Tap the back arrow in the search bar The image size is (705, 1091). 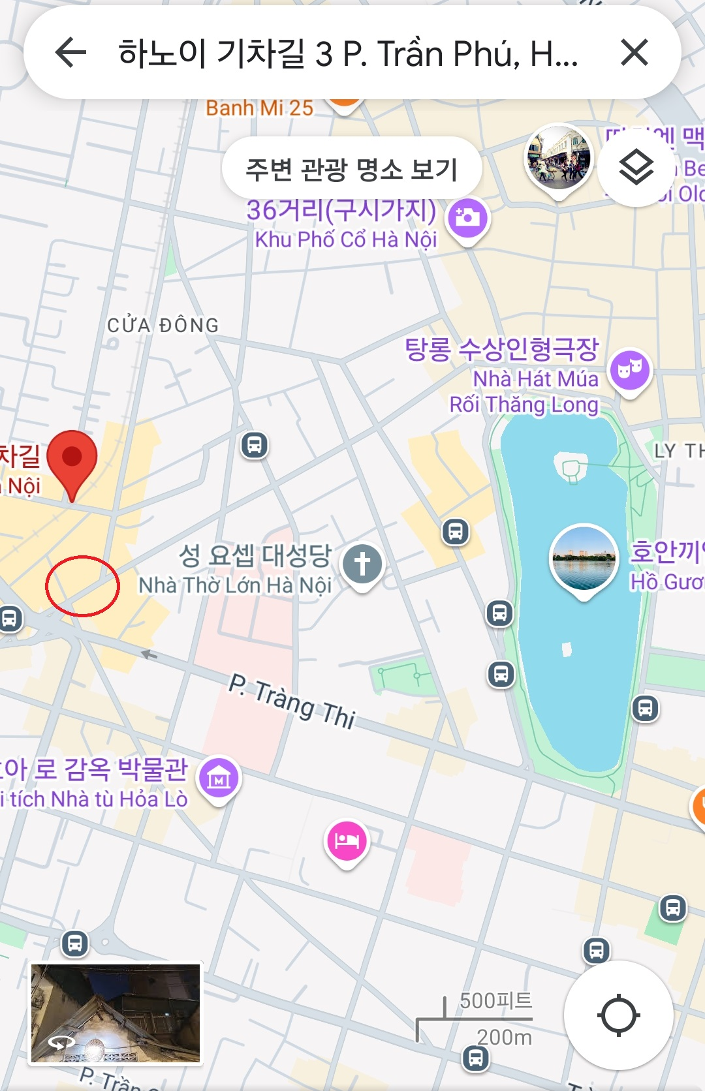[x=70, y=52]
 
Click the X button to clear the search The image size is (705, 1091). [x=634, y=52]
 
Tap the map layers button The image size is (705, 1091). [x=636, y=168]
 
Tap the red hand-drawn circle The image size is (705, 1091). [x=82, y=585]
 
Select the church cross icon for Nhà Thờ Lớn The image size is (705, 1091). [x=362, y=562]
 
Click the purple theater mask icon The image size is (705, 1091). [x=630, y=369]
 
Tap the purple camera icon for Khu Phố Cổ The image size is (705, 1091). [x=467, y=217]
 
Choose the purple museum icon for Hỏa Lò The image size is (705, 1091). [x=219, y=778]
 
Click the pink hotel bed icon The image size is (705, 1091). [x=347, y=840]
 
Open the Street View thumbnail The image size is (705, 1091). [x=116, y=1013]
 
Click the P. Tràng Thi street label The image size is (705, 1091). [x=292, y=701]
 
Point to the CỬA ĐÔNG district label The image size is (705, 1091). [x=163, y=325]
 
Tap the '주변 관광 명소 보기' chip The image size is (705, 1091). [x=352, y=169]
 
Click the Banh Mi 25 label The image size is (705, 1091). [x=260, y=108]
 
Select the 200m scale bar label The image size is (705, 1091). [x=504, y=1037]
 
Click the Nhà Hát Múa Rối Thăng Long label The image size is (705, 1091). [x=524, y=392]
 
